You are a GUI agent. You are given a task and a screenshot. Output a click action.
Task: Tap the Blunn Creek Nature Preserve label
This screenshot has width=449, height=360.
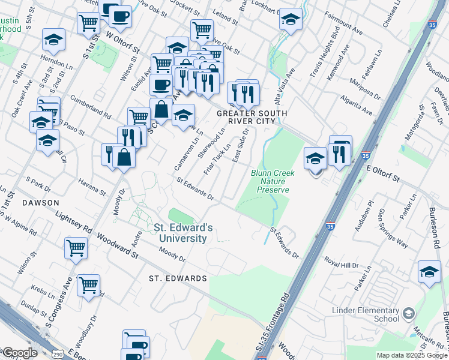[x=270, y=181]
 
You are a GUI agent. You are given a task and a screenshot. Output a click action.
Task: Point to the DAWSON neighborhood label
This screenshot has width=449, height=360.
[x=40, y=203]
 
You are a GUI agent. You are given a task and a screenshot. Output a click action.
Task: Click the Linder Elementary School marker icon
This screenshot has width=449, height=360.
[x=409, y=313]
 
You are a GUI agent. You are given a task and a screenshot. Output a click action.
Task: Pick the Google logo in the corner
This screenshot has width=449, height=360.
[x=19, y=352]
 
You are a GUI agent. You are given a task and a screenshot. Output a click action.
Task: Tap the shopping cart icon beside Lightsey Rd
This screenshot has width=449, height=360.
[x=76, y=247]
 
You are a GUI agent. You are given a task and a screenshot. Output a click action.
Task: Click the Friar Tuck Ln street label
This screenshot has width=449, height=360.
[x=217, y=160]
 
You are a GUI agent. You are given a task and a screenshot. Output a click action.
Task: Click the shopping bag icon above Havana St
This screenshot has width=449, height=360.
[x=123, y=157]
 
